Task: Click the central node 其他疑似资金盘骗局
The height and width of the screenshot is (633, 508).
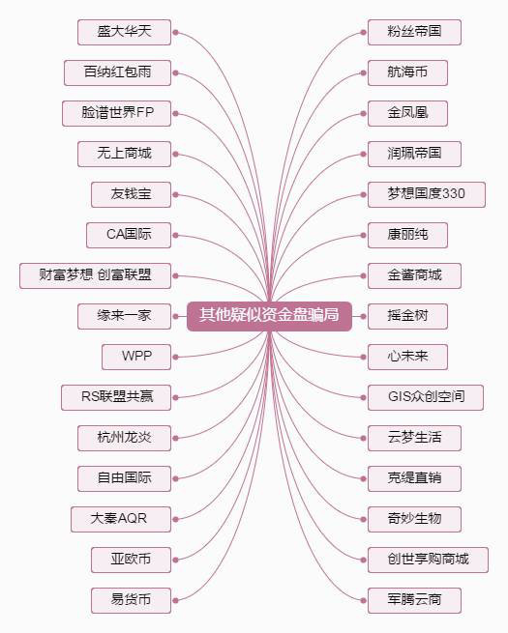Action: click(269, 316)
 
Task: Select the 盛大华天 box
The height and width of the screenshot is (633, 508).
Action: click(124, 32)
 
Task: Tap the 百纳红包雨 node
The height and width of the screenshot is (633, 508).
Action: click(117, 72)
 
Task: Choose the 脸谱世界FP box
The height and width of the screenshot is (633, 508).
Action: click(116, 113)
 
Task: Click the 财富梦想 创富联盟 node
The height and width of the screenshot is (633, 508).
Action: click(95, 275)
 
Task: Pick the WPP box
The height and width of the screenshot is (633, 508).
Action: click(136, 357)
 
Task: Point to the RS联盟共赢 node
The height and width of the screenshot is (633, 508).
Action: click(116, 397)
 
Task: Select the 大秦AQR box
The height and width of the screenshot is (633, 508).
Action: click(121, 519)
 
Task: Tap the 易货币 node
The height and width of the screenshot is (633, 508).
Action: click(131, 600)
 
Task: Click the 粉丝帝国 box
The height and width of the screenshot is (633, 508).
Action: click(414, 32)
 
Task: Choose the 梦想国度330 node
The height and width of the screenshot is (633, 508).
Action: click(427, 194)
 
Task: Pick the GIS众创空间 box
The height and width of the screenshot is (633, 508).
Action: click(426, 397)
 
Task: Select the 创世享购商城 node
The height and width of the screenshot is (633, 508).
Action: click(428, 560)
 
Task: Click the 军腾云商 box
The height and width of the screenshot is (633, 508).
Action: click(414, 600)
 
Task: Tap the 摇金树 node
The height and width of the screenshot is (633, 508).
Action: click(407, 317)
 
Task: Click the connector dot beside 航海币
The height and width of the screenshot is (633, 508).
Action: click(363, 73)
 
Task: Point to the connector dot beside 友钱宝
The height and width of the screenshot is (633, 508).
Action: click(175, 194)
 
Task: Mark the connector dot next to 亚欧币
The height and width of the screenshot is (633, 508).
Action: click(175, 560)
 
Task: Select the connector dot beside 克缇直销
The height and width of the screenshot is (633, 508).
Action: click(363, 478)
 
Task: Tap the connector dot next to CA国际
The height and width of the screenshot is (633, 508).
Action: click(175, 235)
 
